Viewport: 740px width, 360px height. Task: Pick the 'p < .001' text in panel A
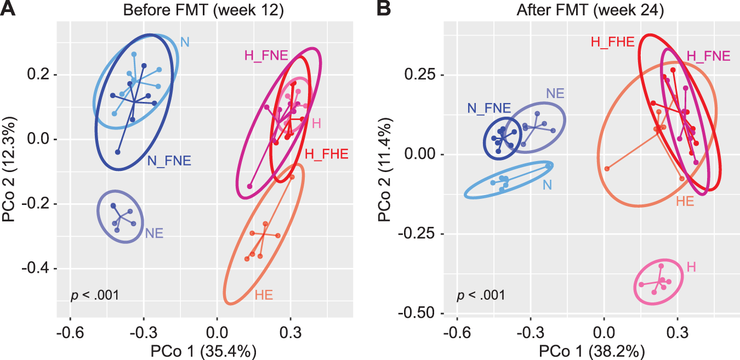click(95, 296)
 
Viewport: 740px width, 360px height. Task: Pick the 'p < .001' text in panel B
click(481, 296)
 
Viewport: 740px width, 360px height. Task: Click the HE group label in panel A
click(264, 296)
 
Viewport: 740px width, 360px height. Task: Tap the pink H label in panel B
click(692, 267)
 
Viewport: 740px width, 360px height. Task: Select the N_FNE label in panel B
click(489, 108)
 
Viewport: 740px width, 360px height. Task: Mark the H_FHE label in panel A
click(326, 155)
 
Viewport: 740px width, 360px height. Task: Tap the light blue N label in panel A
click(185, 42)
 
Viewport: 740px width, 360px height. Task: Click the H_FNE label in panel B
click(708, 56)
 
